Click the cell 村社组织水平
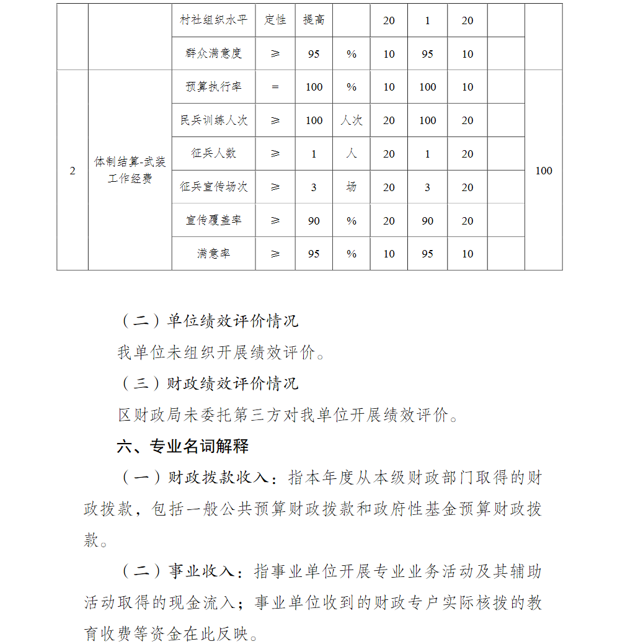pyautogui.click(x=213, y=20)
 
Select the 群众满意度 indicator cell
pyautogui.click(x=213, y=53)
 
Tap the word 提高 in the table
pyautogui.click(x=314, y=20)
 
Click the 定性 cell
pyautogui.click(x=275, y=20)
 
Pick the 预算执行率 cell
pyautogui.click(x=213, y=87)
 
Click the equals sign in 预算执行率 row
pyautogui.click(x=275, y=87)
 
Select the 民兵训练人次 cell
pyautogui.click(x=213, y=120)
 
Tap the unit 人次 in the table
pyautogui.click(x=352, y=120)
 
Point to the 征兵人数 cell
pyautogui.click(x=213, y=153)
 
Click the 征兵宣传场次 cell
pyautogui.click(x=213, y=187)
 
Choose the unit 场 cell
pyautogui.click(x=352, y=187)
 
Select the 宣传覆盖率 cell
pyautogui.click(x=213, y=220)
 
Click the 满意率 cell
pyautogui.click(x=213, y=254)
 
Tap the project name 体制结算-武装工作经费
pyautogui.click(x=130, y=171)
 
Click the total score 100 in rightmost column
pyautogui.click(x=543, y=171)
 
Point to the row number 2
pyautogui.click(x=73, y=171)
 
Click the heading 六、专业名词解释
pyautogui.click(x=183, y=446)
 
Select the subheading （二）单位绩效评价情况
pyautogui.click(x=208, y=321)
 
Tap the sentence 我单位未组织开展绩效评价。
pyautogui.click(x=221, y=353)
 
